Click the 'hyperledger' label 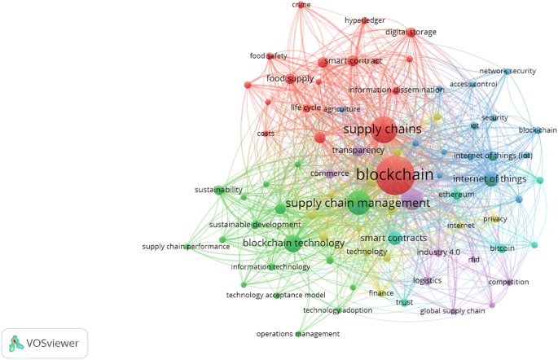[364, 20]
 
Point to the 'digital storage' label [411, 33]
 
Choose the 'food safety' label [269, 56]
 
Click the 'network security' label [507, 71]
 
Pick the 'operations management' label [298, 334]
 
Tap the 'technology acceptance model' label [275, 295]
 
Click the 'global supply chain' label [452, 311]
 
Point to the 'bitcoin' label [502, 248]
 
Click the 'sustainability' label [218, 190]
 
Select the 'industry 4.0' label [438, 252]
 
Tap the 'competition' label [508, 282]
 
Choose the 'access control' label [473, 84]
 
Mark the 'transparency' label [358, 151]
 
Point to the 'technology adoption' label [337, 310]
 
